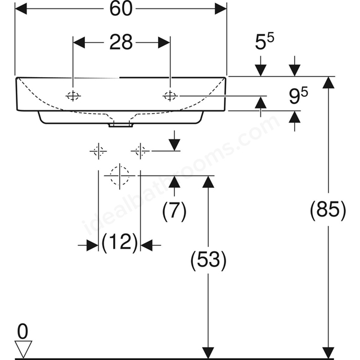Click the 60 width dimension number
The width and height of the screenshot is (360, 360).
pos(121,9)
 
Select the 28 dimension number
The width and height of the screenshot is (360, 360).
pos(121,43)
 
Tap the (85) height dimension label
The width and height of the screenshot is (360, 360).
pos(328,210)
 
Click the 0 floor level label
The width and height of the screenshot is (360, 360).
pos(22,331)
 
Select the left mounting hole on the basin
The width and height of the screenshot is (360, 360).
pos(73,96)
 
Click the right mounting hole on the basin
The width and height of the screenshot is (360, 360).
pos(170,96)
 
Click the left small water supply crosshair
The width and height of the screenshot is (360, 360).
pos(98,151)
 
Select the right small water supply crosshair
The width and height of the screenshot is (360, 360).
pos(140,151)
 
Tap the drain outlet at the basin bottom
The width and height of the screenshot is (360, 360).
pos(121,125)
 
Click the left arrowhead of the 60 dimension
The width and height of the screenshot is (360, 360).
pos(21,9)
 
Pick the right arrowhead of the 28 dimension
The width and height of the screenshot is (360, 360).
pos(164,43)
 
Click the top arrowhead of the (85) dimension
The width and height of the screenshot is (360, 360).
pos(328,83)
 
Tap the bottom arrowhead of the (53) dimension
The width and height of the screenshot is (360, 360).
pos(208,353)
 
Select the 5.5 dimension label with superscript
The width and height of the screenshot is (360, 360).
pos(264,42)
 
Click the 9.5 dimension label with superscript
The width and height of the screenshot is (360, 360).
pos(298,96)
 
